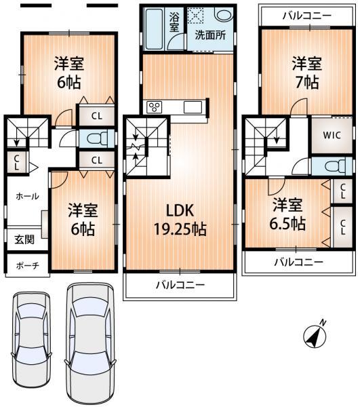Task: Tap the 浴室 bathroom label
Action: tap(174, 21)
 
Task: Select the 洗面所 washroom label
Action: tap(210, 35)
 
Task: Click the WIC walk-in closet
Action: tap(331, 135)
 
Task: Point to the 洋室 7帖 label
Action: tap(306, 73)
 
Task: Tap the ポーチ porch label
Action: tap(26, 265)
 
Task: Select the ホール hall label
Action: tap(27, 196)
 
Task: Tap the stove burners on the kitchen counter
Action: tap(155, 106)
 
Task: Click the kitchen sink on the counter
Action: tap(193, 106)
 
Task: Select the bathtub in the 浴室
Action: tap(154, 28)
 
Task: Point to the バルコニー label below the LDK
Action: tap(180, 286)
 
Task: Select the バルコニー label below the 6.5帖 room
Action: tap(298, 261)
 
